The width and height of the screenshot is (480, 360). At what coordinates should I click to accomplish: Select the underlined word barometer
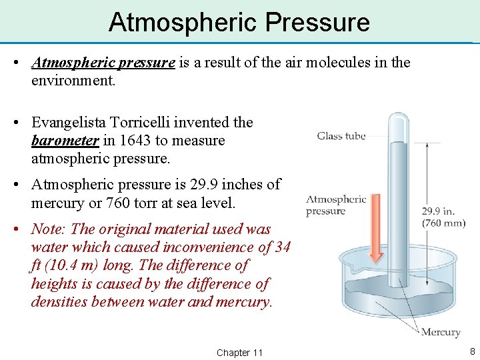point(65,141)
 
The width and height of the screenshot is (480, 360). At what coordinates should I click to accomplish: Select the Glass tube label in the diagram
point(341,136)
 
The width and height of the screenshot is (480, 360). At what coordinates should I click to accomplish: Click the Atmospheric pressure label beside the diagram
point(336,205)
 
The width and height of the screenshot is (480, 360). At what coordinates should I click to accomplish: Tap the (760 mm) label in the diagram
point(443,223)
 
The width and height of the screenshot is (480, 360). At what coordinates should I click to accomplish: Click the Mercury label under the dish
point(440,331)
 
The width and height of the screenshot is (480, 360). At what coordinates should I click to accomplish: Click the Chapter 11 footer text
point(239,352)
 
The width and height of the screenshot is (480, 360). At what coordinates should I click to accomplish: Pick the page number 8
point(472,351)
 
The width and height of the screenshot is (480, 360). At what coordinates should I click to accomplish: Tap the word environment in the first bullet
point(73,81)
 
